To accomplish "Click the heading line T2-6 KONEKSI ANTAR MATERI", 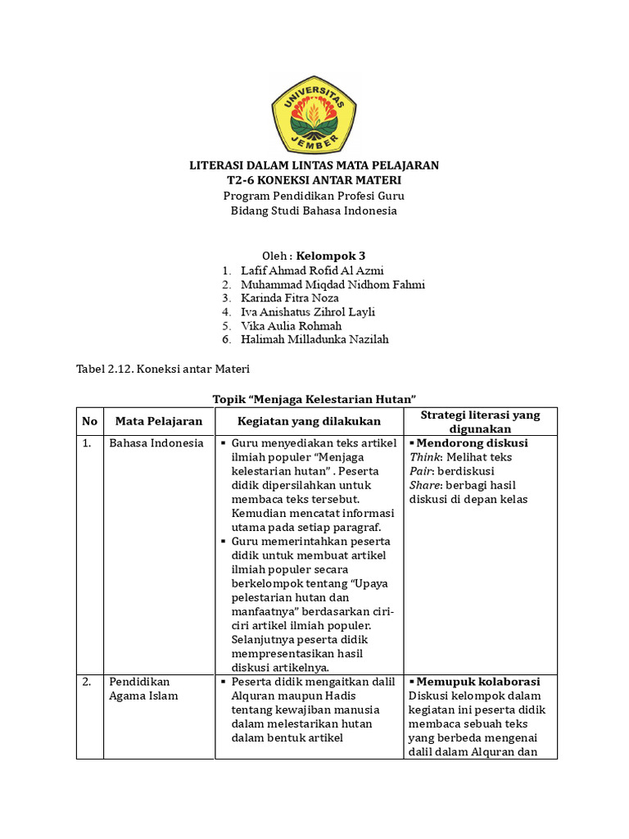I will (314, 179).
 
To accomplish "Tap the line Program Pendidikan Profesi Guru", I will (314, 196).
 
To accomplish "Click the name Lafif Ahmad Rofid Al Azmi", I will (312, 270).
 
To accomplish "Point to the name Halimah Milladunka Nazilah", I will (314, 339).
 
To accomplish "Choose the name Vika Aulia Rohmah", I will (292, 325).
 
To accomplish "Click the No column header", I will (89, 421).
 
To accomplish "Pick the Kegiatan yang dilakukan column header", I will (309, 421).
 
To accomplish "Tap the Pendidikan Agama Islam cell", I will (144, 689).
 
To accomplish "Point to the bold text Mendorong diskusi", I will (472, 443).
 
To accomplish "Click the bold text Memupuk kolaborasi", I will (477, 682).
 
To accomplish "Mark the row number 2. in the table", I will (87, 682).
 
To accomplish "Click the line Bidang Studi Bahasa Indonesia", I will (314, 211).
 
